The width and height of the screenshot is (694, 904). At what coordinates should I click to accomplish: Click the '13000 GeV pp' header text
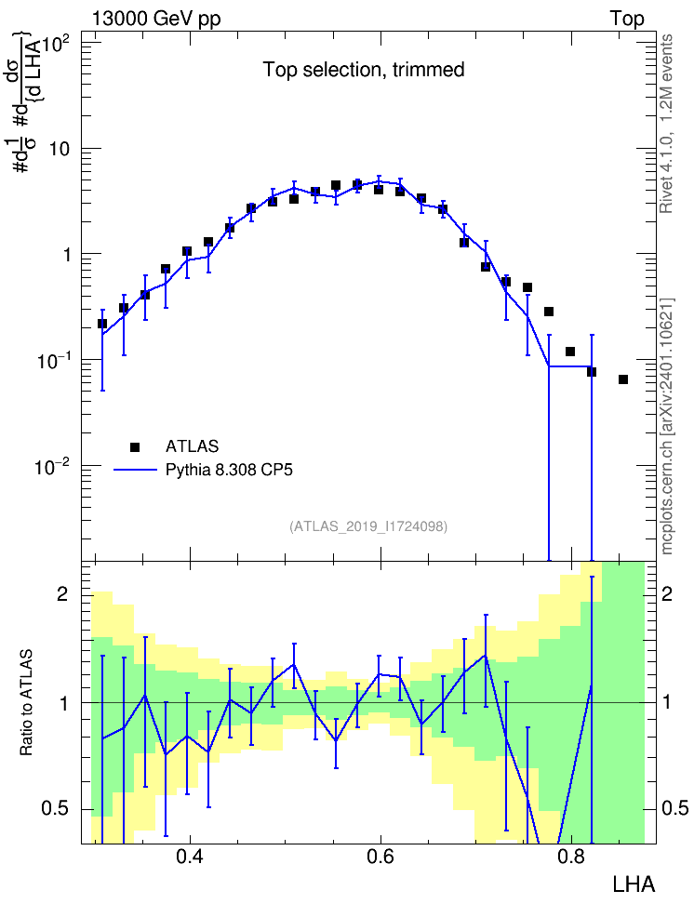(x=155, y=19)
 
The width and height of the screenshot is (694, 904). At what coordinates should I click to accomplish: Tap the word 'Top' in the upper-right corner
(x=627, y=19)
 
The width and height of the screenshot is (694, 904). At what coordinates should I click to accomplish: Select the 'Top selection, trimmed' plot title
(x=364, y=70)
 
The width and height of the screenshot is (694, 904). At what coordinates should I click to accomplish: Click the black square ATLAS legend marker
(x=134, y=446)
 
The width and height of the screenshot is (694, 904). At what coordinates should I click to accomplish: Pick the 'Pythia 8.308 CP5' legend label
(x=229, y=470)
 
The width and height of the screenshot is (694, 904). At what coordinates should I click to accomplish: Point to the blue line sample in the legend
(x=135, y=470)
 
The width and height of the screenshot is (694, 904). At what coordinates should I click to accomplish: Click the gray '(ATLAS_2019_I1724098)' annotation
(x=368, y=525)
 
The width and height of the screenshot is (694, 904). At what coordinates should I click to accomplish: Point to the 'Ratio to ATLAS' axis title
(x=27, y=702)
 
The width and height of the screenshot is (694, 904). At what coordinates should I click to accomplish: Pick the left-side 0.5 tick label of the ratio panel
(x=56, y=808)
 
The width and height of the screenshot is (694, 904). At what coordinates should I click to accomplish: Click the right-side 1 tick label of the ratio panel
(x=667, y=702)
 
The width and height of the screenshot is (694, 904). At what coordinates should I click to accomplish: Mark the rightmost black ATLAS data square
(x=623, y=379)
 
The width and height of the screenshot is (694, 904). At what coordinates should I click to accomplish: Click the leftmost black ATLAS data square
(x=102, y=324)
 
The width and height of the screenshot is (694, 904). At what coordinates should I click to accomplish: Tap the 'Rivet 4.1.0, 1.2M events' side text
(x=666, y=124)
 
